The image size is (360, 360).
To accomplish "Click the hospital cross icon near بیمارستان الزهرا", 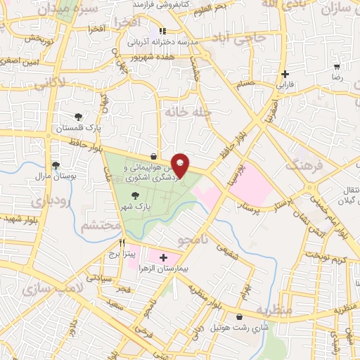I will point(163,258).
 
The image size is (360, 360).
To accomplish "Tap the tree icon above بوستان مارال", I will point(56,165).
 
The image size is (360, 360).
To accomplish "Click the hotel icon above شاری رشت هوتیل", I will point(243,317).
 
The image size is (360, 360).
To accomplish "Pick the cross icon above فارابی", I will point(284,74).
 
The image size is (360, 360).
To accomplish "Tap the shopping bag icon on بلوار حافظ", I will point(154,156).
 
